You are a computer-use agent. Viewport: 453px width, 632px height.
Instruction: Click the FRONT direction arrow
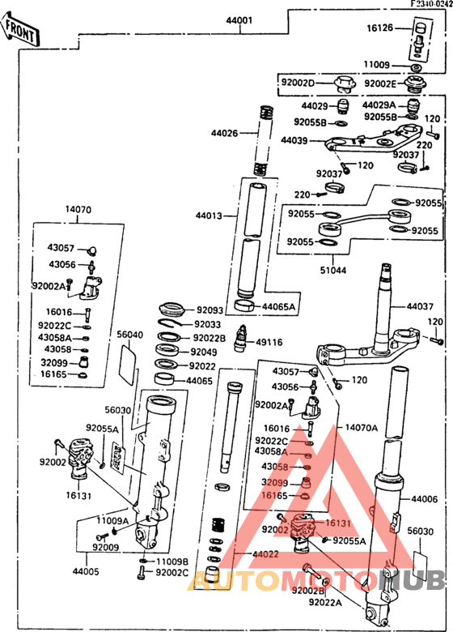pyautogui.click(x=20, y=29)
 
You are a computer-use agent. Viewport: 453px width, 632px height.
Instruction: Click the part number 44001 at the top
pyautogui.click(x=239, y=20)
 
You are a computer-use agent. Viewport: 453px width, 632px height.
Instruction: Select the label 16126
pyautogui.click(x=379, y=28)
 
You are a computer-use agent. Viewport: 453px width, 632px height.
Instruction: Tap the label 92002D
pyautogui.click(x=298, y=83)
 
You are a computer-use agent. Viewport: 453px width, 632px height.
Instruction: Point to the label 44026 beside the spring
pyautogui.click(x=225, y=133)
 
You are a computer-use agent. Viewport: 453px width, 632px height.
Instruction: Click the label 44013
pyautogui.click(x=210, y=216)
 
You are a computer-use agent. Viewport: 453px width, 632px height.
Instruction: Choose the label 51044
pyautogui.click(x=333, y=270)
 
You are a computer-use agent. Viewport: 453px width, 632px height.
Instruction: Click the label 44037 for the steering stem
pyautogui.click(x=420, y=306)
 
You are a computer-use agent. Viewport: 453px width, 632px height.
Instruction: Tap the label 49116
pyautogui.click(x=269, y=342)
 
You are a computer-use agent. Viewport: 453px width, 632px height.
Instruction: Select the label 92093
pyautogui.click(x=210, y=310)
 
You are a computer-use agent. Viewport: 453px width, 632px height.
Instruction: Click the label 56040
pyautogui.click(x=130, y=335)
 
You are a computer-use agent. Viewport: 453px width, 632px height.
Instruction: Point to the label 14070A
pyautogui.click(x=362, y=428)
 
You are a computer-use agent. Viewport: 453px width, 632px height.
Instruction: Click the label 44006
pyautogui.click(x=424, y=499)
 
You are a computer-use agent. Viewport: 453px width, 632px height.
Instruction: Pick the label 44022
pyautogui.click(x=265, y=554)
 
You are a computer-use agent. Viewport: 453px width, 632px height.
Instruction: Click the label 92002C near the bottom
pyautogui.click(x=172, y=572)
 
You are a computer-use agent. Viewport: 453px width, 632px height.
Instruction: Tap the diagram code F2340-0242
pyautogui.click(x=431, y=3)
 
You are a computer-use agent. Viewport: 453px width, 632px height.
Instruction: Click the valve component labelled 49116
pyautogui.click(x=242, y=339)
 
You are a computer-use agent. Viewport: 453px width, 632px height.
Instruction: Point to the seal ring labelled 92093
pyautogui.click(x=172, y=310)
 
